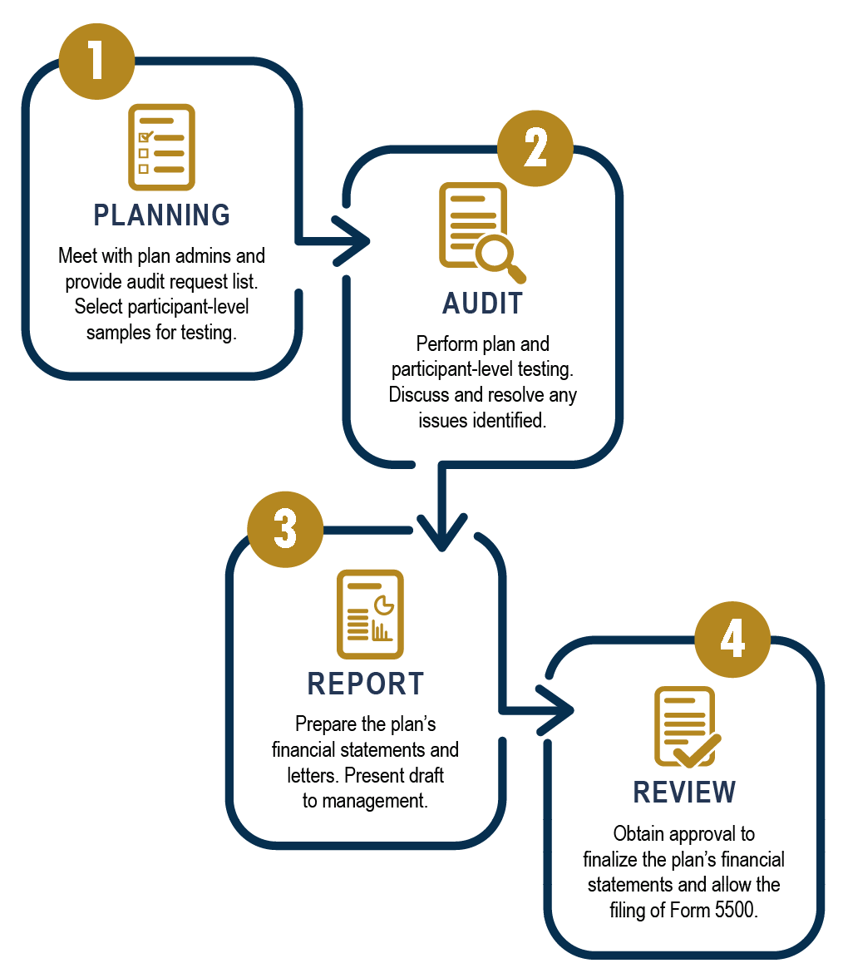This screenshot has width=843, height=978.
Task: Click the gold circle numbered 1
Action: tap(96, 62)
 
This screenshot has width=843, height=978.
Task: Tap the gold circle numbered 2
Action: tap(535, 148)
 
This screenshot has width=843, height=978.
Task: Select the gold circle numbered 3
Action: tap(286, 530)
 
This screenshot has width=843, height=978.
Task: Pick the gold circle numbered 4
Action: tap(732, 640)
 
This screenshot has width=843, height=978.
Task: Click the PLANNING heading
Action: tap(162, 215)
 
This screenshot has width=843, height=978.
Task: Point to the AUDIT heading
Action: tap(482, 304)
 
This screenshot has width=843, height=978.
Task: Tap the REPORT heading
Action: tap(366, 684)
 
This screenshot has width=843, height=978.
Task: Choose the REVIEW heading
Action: tap(685, 793)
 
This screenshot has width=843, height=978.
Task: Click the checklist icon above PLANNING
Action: tap(161, 147)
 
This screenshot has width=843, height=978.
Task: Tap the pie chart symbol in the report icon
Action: tap(384, 605)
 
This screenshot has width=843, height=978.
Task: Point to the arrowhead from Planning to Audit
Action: tap(352, 241)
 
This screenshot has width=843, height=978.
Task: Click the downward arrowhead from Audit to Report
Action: tap(442, 532)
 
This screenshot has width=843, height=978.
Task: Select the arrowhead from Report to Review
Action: tap(555, 710)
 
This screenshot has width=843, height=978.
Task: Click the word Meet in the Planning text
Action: tap(77, 256)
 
